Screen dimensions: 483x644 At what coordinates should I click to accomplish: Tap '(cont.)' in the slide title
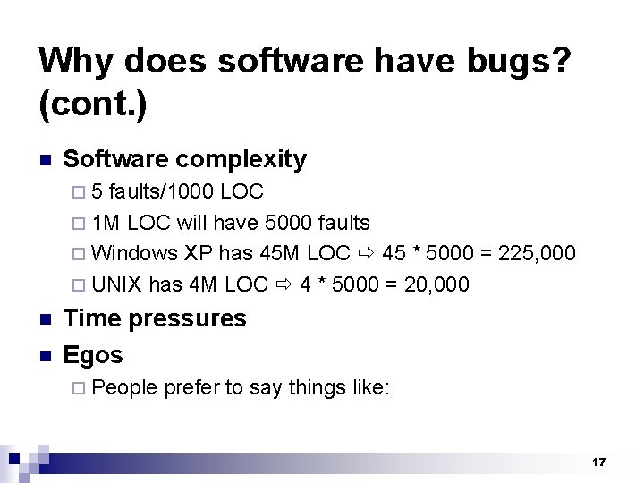[93, 106]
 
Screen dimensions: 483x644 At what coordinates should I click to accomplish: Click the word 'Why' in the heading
[76, 61]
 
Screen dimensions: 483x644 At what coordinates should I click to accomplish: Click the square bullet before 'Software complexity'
[44, 161]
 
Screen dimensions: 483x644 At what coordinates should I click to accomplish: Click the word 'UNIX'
[117, 284]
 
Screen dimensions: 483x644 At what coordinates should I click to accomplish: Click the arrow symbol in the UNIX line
[284, 284]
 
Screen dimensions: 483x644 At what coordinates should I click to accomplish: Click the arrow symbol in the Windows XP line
[364, 253]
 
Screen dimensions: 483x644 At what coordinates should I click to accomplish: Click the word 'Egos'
[93, 355]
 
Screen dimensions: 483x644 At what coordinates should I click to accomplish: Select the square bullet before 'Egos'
[44, 356]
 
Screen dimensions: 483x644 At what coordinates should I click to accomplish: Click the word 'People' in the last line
[124, 387]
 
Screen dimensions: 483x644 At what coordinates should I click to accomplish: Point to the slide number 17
[598, 462]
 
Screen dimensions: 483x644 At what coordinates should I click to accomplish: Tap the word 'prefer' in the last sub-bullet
[191, 387]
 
